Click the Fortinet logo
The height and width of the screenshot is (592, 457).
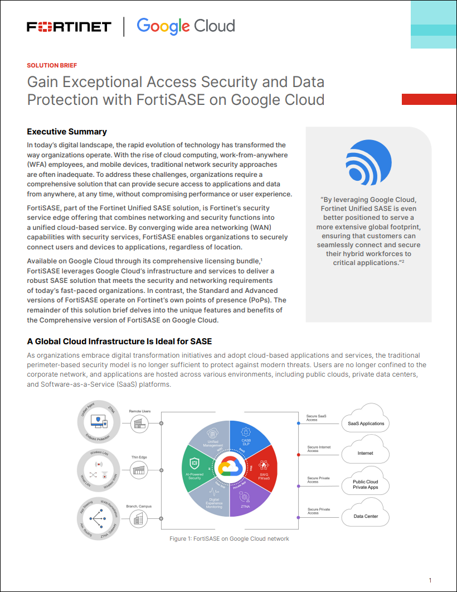[69, 27]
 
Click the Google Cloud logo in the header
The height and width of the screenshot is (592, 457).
[186, 26]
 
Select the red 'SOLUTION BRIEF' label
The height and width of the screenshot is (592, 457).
[52, 65]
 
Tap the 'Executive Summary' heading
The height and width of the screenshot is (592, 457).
[67, 132]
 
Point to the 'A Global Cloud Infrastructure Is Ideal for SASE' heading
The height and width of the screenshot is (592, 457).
[119, 341]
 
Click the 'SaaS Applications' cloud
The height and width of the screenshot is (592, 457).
[366, 423]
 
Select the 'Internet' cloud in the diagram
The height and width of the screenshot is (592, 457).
[366, 453]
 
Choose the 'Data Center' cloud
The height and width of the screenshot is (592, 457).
[366, 516]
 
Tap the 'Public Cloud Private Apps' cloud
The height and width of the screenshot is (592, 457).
[366, 484]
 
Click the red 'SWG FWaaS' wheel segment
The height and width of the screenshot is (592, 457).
[262, 466]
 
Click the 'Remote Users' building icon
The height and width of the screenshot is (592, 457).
[139, 425]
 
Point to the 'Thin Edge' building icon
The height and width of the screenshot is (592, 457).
[139, 470]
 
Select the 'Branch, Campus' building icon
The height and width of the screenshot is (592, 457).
[139, 519]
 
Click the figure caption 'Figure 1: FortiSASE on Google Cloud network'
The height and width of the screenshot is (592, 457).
[229, 539]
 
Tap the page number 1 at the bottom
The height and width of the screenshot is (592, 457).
[430, 580]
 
